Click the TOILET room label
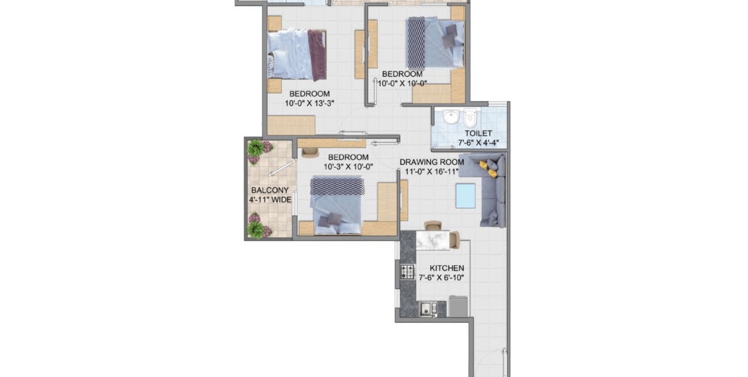[478, 134]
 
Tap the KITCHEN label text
[446, 268]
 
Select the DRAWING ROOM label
[432, 162]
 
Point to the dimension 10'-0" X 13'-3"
[309, 103]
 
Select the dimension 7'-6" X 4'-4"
[478, 142]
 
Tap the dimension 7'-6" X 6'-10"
[442, 277]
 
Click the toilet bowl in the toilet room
[471, 117]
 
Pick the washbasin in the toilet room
[451, 117]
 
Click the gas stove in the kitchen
[407, 272]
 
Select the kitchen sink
[428, 309]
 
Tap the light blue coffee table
[465, 196]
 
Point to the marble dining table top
[433, 240]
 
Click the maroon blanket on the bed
[316, 56]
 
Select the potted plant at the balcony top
[259, 151]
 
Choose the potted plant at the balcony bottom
[259, 226]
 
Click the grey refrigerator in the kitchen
[458, 307]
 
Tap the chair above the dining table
[433, 226]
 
